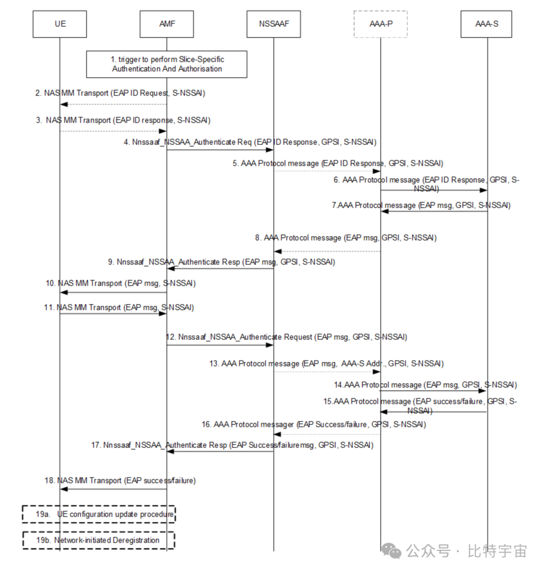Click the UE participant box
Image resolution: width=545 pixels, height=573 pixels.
click(60, 24)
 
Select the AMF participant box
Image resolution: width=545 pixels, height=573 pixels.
click(167, 24)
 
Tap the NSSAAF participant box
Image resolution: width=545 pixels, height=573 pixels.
click(274, 24)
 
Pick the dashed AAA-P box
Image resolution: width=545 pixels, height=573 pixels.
click(380, 24)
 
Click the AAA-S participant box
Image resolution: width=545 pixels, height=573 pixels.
click(486, 24)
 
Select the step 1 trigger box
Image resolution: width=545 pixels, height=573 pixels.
click(167, 64)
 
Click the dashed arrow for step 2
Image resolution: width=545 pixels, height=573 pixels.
click(114, 104)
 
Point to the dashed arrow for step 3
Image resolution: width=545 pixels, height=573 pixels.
click(114, 131)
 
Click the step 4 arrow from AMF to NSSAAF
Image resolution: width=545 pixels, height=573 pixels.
click(220, 149)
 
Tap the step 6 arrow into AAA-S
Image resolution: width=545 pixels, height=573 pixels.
click(434, 190)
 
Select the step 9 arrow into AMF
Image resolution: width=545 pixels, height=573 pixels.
click(220, 269)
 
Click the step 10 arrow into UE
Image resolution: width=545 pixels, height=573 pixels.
click(114, 292)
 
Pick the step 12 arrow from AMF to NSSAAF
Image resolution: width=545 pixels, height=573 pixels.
click(220, 345)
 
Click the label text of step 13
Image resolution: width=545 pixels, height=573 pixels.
click(326, 363)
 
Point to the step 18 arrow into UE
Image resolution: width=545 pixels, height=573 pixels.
click(114, 488)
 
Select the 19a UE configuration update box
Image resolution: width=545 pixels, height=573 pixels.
click(99, 514)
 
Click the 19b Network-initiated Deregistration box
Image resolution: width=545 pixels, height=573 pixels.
click(99, 540)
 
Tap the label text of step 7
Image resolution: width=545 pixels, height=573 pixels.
click(421, 205)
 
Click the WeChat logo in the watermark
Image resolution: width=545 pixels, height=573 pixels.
click(392, 551)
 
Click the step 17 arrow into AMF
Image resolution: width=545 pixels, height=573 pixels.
click(220, 451)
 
